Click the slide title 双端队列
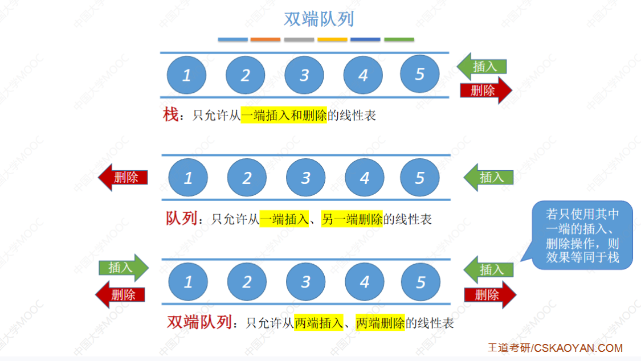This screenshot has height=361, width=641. click(x=319, y=19)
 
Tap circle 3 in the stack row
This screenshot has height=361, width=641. click(x=304, y=75)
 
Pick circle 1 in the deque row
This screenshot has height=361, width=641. click(x=188, y=281)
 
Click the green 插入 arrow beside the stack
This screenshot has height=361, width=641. click(x=481, y=67)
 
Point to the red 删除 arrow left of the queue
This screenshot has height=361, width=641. click(x=123, y=177)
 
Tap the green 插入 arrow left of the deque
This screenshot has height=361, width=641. click(x=123, y=268)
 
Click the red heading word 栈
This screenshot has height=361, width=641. click(x=171, y=115)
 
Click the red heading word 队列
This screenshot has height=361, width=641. click(x=181, y=218)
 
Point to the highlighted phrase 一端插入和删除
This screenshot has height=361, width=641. click(x=283, y=115)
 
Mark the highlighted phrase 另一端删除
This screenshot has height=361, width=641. click(x=352, y=219)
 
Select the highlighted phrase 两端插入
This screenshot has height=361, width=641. click(x=319, y=323)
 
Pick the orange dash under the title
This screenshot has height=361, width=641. click(x=266, y=40)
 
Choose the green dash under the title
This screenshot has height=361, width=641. click(x=399, y=40)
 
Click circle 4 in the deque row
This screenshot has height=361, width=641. click(x=365, y=281)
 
